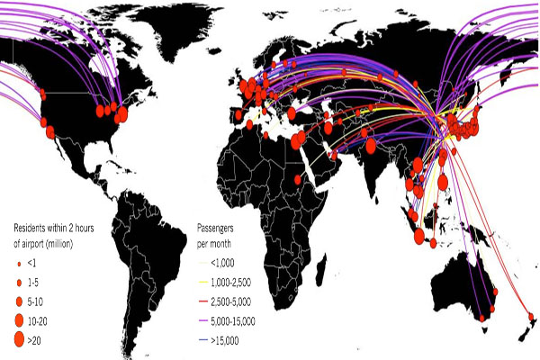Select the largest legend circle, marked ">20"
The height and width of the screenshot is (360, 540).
click(x=18, y=338)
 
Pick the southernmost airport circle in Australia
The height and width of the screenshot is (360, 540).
click(x=481, y=317)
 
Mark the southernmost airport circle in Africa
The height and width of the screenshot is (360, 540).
click(x=296, y=180)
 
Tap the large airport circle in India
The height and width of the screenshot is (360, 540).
click(x=369, y=145)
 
